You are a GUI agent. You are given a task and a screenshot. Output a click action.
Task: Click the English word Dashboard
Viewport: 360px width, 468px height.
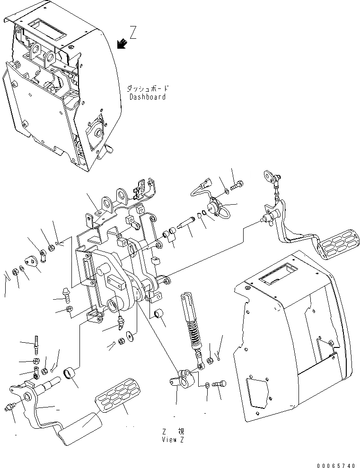pos(148,97)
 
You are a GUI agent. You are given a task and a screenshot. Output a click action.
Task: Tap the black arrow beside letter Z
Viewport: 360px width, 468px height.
pos(122,43)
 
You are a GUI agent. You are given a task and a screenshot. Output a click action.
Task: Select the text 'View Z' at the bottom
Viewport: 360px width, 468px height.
pos(172,439)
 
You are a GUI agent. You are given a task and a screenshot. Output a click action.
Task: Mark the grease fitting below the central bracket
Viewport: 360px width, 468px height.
pos(122,322)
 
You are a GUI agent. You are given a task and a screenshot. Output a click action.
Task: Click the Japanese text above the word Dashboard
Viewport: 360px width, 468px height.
pos(148,88)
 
